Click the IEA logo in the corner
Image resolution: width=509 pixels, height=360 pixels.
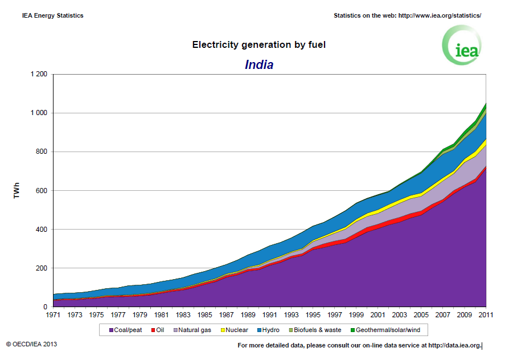(462, 46)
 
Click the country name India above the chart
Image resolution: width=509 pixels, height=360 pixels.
(259, 65)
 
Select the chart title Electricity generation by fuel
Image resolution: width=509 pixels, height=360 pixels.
(259, 44)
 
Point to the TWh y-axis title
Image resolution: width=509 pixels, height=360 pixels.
(18, 191)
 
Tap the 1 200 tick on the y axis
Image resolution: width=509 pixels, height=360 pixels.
(39, 75)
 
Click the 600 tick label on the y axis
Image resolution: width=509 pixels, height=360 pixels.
(42, 191)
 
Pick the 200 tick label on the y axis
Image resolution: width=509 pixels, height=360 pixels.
(42, 268)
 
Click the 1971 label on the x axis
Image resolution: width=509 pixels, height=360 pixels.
(53, 314)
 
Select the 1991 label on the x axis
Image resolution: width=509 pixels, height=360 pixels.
(269, 314)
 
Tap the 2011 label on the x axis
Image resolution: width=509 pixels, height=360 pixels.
(486, 314)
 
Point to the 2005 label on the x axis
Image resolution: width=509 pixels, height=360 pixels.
(421, 314)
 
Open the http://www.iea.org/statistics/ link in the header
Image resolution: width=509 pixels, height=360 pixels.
(440, 15)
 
